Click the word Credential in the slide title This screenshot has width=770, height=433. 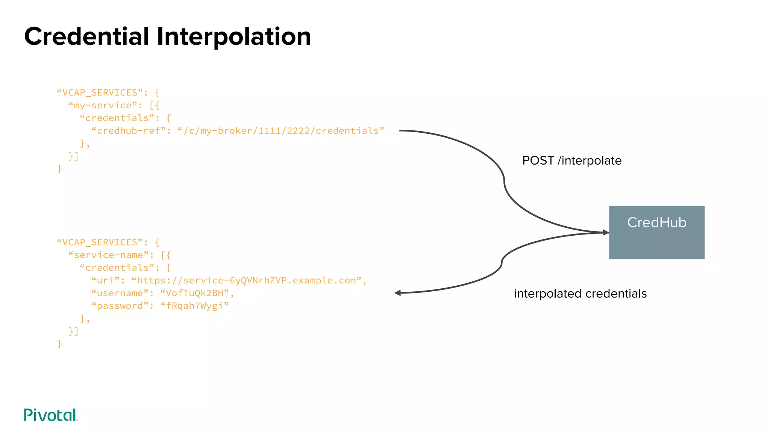click(87, 37)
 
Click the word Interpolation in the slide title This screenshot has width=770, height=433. click(233, 37)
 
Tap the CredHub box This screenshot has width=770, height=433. click(656, 232)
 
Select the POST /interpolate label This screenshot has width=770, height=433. click(571, 160)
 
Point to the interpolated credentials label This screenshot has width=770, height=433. click(580, 294)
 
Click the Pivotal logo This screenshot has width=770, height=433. click(50, 415)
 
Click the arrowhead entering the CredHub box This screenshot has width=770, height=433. click(606, 233)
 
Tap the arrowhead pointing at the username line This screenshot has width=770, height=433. click(398, 293)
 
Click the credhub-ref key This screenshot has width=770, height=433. click(128, 131)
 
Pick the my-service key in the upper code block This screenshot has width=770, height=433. click(103, 105)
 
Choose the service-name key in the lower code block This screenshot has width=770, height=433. click(108, 255)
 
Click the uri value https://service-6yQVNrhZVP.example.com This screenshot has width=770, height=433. click(246, 281)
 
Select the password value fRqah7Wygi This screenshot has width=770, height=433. click(194, 306)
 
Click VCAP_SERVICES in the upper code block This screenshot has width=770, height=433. click(100, 93)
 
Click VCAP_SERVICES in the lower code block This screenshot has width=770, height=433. click(100, 242)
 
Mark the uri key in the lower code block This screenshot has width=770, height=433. click(105, 281)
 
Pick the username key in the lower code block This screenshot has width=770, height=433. click(120, 293)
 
